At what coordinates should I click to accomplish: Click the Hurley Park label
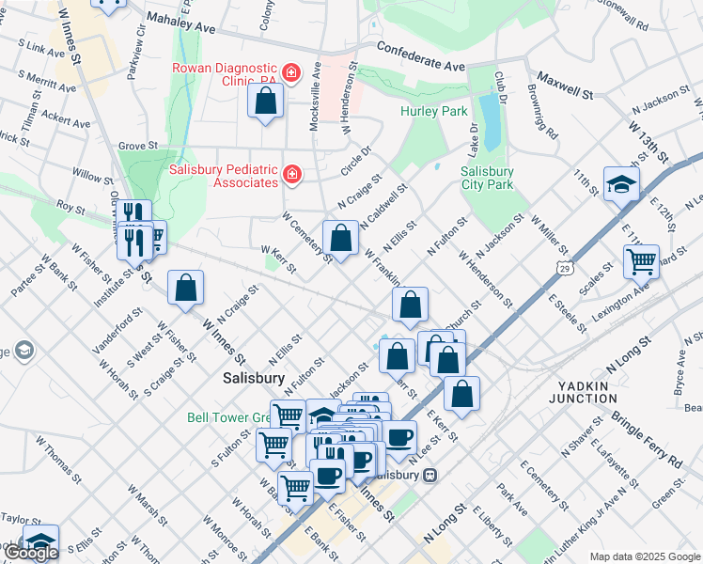pyautogui.click(x=433, y=111)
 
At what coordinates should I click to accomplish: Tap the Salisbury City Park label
pyautogui.click(x=487, y=178)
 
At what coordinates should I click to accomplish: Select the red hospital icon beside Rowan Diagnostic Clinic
pyautogui.click(x=291, y=72)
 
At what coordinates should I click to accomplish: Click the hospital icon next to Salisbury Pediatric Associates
pyautogui.click(x=292, y=174)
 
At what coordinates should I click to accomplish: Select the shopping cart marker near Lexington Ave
pyautogui.click(x=641, y=261)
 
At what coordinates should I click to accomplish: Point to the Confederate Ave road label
pyautogui.click(x=421, y=58)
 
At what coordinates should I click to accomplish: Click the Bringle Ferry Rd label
pyautogui.click(x=648, y=438)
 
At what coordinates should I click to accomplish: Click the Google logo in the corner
pyautogui.click(x=30, y=553)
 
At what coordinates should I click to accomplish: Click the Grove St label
pyautogui.click(x=137, y=146)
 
